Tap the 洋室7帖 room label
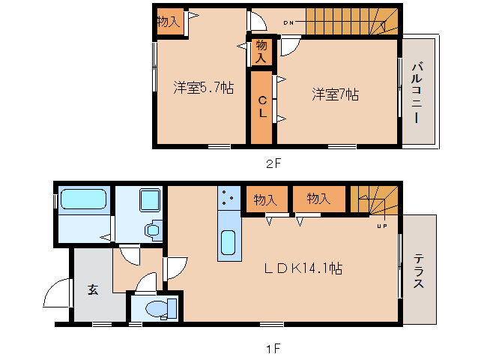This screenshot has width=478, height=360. tap(335, 94)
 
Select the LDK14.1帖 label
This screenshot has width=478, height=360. tap(303, 268)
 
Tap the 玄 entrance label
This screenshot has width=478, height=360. tap(92, 290)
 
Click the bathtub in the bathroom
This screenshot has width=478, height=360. tap(82, 199)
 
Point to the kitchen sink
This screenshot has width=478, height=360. tap(229, 243)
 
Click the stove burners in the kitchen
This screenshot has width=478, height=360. tap(228, 198)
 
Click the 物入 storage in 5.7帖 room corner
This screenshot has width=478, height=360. tap(169, 22)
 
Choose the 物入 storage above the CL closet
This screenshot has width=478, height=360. tap(261, 51)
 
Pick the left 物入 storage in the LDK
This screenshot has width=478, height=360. tap(265, 199)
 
